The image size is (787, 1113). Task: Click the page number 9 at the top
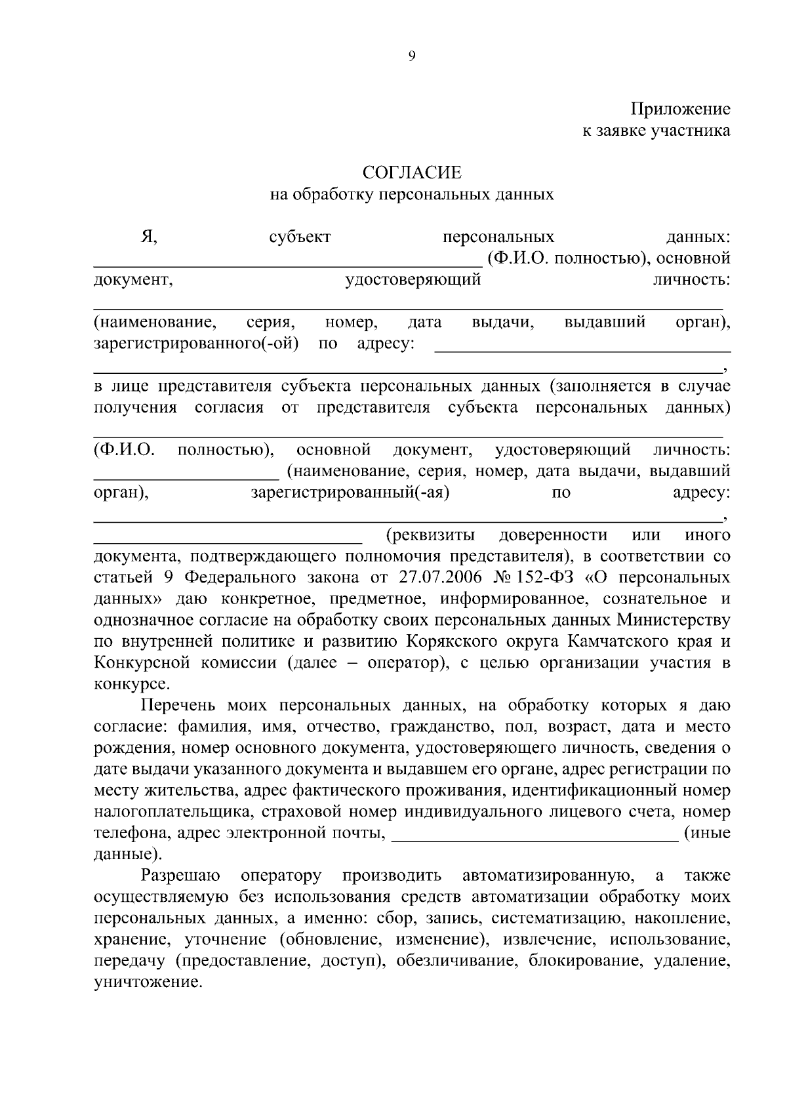[x=412, y=56]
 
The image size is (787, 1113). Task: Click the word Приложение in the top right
[x=681, y=109]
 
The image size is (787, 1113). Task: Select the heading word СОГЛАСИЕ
[x=412, y=172]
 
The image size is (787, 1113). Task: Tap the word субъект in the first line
[x=300, y=237]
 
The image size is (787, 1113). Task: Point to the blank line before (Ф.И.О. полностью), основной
[x=287, y=264]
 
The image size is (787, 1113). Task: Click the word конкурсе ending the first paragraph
[x=131, y=683]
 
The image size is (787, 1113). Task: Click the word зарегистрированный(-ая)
[x=350, y=493]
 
